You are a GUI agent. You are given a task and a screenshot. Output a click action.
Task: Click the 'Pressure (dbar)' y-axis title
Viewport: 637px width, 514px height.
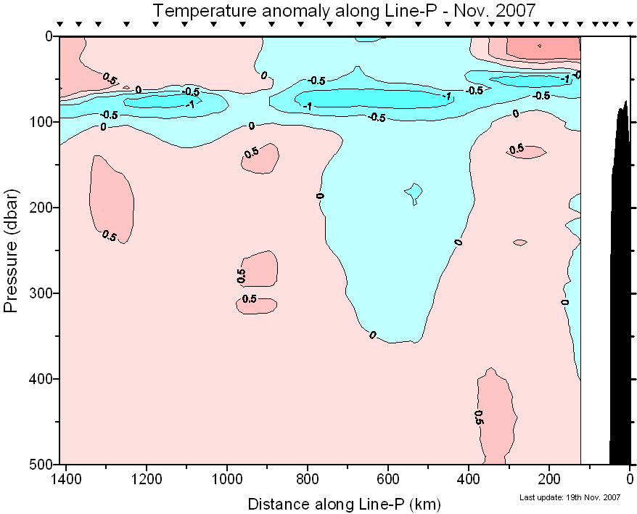pyautogui.click(x=11, y=250)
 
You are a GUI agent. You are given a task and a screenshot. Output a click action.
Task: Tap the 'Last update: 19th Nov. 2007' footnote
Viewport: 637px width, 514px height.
pyautogui.click(x=570, y=497)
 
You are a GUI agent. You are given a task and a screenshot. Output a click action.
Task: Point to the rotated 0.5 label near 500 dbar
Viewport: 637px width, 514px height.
pyautogui.click(x=479, y=417)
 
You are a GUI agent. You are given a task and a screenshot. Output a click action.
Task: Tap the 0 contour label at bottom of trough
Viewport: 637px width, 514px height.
pyautogui.click(x=373, y=335)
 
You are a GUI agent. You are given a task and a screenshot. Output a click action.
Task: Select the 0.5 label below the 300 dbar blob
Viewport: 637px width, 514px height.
pyautogui.click(x=249, y=299)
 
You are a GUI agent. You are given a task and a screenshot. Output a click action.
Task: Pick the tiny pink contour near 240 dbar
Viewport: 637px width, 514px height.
pyautogui.click(x=519, y=242)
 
